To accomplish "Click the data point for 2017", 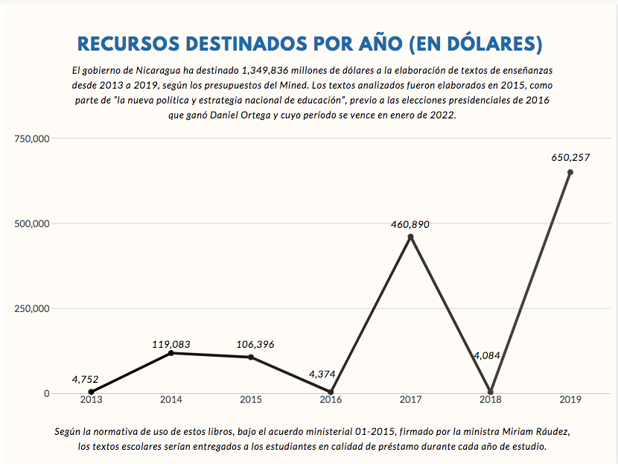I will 410,237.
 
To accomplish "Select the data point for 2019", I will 570,172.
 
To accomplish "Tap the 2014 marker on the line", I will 171,352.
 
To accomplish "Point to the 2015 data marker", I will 251,357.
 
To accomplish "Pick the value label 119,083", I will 171,344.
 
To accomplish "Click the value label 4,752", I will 85,379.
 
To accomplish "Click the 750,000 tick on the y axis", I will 31,139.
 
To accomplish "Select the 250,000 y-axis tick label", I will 31,308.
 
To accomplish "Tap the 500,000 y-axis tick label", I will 31,223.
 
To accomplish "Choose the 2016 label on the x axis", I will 331,400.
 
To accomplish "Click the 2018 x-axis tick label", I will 490,400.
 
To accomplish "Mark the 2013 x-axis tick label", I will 91,400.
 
